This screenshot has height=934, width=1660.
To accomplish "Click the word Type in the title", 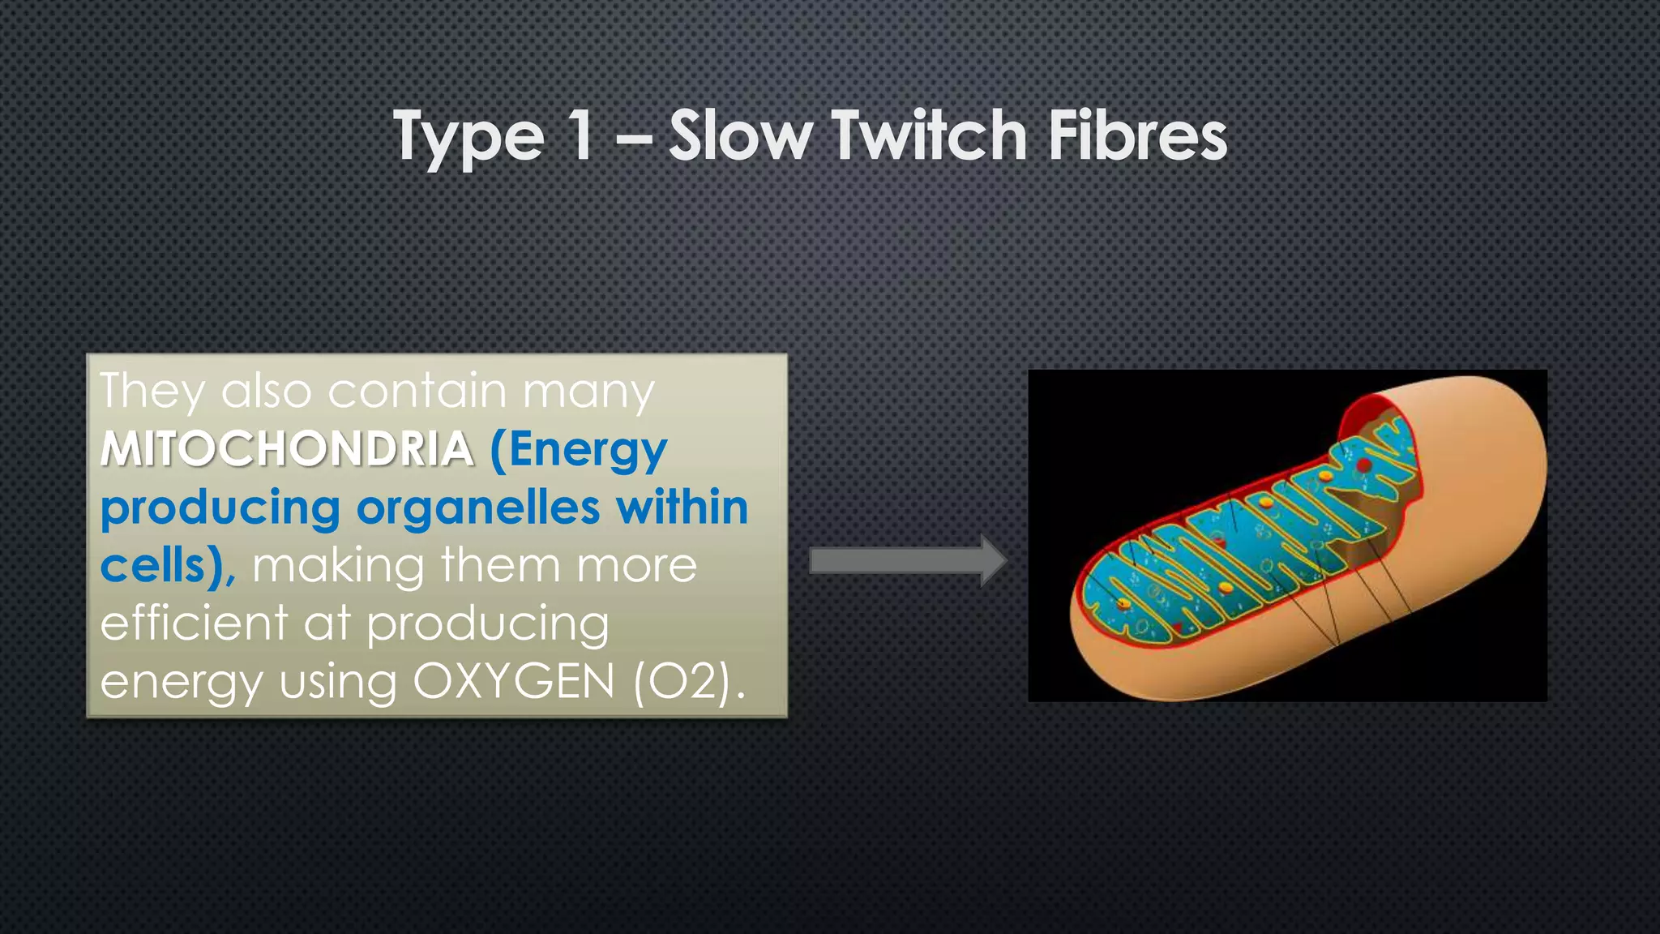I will [469, 138].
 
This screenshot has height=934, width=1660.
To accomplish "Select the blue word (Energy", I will [579, 450].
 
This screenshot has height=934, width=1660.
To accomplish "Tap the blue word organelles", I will [478, 508].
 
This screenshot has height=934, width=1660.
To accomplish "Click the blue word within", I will [682, 508].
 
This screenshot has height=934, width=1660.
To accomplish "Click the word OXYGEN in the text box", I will [514, 682].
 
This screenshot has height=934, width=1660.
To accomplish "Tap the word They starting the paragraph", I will [152, 392].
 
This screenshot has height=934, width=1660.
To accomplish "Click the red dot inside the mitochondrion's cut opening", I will [1365, 465].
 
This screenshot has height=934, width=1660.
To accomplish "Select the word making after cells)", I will [338, 566].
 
